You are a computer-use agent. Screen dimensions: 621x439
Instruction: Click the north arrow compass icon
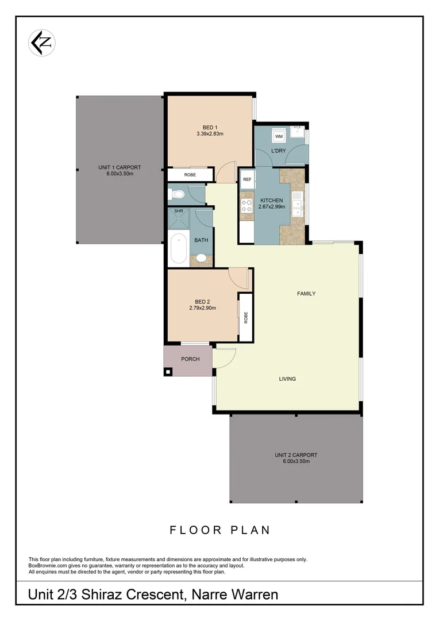[x=42, y=43]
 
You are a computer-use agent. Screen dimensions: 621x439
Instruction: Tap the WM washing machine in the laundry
[x=279, y=136]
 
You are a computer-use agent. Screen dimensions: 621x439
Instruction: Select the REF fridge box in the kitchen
[x=247, y=179]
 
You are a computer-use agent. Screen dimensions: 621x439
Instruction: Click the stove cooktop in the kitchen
[x=247, y=206]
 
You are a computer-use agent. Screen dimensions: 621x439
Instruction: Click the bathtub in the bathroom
[x=179, y=248]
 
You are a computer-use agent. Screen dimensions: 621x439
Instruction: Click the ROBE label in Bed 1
[x=190, y=174]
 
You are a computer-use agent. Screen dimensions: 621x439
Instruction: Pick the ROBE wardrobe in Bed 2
[x=246, y=317]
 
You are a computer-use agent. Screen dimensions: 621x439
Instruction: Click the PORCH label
[x=190, y=359]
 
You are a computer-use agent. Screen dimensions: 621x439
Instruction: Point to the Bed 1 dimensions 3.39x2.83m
[x=209, y=134]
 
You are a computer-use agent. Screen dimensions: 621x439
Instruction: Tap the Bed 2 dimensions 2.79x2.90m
[x=202, y=308]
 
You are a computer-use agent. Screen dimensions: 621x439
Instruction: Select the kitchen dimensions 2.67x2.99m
[x=271, y=206]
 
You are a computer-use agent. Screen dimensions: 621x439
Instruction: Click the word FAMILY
[x=306, y=293]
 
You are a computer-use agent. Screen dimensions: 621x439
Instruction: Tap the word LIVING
[x=287, y=378]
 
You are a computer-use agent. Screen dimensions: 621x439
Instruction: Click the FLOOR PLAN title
[x=219, y=530]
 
